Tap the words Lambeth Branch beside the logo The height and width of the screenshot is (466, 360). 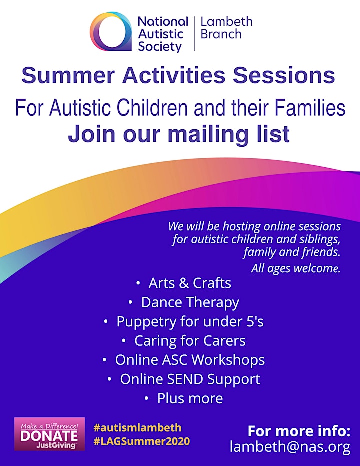226,28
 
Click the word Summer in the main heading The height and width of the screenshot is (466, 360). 68,75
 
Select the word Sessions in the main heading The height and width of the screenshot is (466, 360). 284,75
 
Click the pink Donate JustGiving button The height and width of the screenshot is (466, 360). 49,434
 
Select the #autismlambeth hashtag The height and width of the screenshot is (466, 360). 137,428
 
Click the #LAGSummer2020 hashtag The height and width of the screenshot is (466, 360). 142,441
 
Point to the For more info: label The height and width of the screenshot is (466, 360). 299,431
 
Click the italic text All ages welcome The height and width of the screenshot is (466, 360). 296,268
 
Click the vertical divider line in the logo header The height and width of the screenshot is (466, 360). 194,34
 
